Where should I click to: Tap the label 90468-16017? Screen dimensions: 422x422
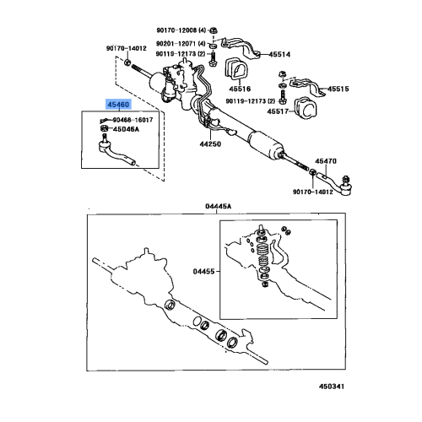136,120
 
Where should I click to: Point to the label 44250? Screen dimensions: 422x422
211,145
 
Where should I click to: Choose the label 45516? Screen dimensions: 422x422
242,87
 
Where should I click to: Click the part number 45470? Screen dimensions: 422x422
326,160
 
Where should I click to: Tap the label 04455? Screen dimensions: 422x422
205,272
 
